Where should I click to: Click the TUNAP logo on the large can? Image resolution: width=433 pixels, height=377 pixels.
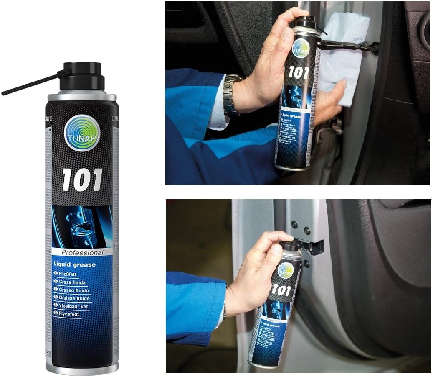pos(82,133)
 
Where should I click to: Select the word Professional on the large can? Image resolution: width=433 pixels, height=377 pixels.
pos(82,252)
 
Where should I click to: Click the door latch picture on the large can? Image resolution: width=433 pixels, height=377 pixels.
pos(82,226)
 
